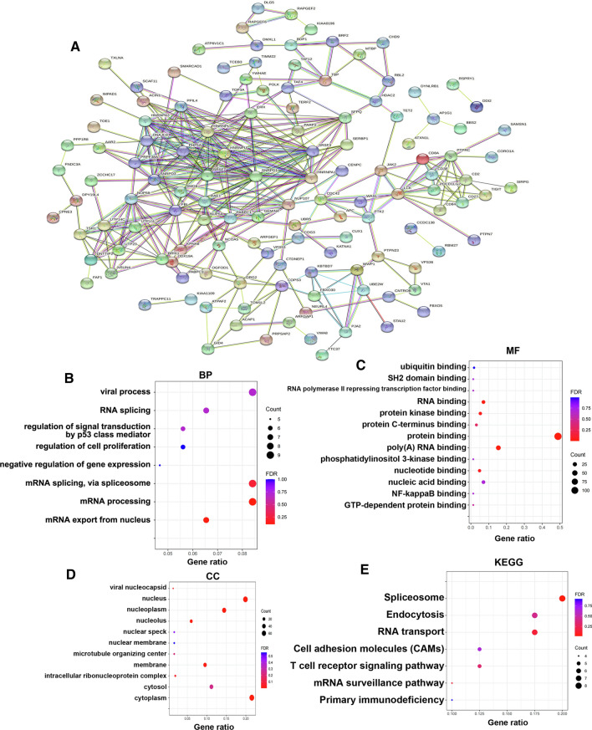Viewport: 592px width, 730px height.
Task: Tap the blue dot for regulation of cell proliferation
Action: (183, 447)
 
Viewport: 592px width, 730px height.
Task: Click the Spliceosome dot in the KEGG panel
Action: (562, 598)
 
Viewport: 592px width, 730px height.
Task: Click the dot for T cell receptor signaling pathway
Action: (479, 666)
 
